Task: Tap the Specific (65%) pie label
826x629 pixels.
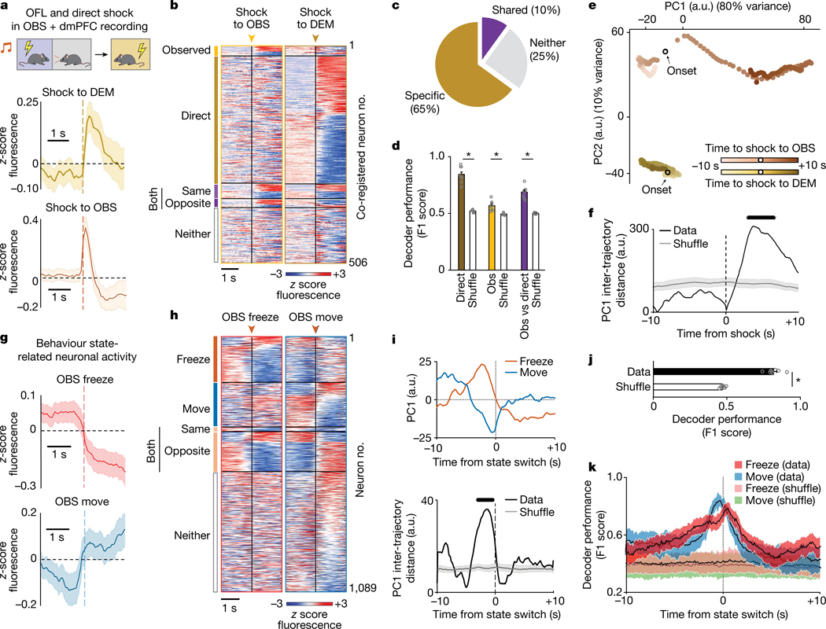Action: tap(425, 102)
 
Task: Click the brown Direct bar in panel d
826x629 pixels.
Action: tap(462, 222)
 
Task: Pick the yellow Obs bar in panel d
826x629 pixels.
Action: tap(492, 237)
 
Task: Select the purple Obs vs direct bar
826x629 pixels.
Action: tap(524, 231)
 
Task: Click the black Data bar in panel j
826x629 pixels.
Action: tap(714, 372)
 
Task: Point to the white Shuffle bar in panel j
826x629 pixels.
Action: tap(688, 388)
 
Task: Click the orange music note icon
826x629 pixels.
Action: tap(6, 48)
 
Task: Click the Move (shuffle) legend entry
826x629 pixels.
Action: tap(775, 501)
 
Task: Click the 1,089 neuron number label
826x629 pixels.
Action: tap(363, 587)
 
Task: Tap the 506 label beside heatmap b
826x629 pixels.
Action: tap(358, 262)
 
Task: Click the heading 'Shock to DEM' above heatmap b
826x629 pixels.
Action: tap(315, 18)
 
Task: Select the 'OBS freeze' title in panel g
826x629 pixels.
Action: tap(85, 380)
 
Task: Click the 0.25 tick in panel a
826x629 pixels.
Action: tap(28, 102)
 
